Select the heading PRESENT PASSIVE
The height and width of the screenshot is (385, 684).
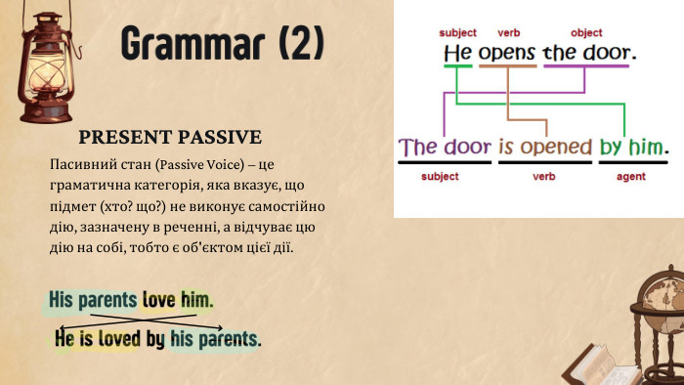tap(169, 136)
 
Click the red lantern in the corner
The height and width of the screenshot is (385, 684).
tap(43, 63)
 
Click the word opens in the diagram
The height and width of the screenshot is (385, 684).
tap(504, 53)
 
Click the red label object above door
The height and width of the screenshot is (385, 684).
tap(586, 33)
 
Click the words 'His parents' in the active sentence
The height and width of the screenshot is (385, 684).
tap(92, 298)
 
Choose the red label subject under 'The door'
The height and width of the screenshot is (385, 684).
tap(439, 178)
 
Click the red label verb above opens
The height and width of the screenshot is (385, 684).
tap(508, 33)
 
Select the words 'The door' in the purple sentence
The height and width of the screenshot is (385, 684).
tap(445, 148)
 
